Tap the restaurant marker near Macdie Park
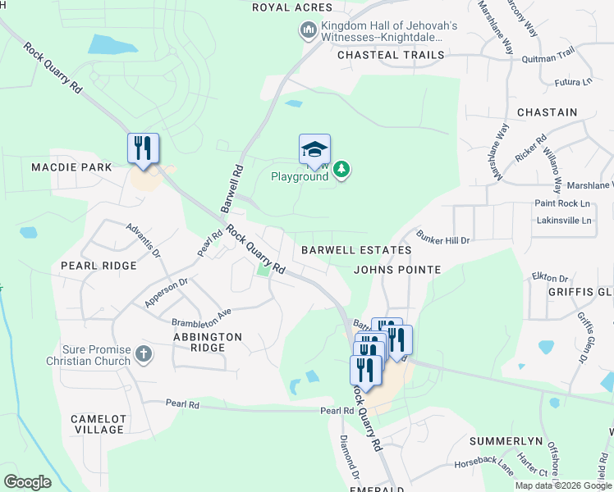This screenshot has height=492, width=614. (144, 148)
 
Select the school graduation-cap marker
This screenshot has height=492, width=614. (314, 149)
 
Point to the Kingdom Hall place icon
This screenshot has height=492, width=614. (309, 31)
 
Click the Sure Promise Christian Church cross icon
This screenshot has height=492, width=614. (144, 354)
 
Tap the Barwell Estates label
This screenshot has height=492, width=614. (355, 249)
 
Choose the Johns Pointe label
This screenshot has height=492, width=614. (397, 269)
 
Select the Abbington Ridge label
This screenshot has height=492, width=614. (208, 342)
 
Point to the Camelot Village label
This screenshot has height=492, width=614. (99, 424)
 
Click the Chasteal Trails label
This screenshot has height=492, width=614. (391, 55)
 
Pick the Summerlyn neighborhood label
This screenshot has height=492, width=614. (506, 441)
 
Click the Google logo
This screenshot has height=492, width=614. (27, 482)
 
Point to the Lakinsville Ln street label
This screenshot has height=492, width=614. (563, 221)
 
